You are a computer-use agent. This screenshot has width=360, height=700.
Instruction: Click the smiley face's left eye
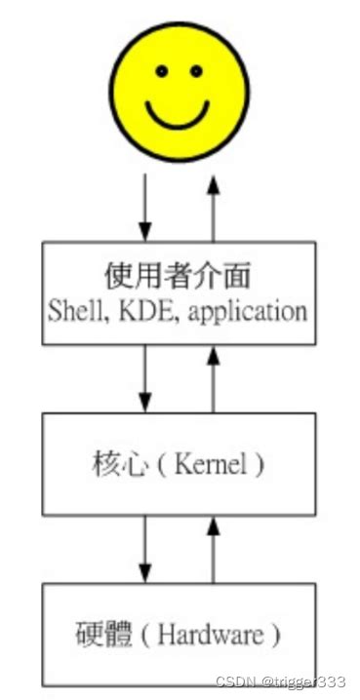coord(162,70)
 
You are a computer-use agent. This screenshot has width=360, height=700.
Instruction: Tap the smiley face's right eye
coord(196,70)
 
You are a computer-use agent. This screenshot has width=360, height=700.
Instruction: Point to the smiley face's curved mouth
coord(178,116)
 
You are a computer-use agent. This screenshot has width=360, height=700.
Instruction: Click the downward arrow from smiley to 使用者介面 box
coord(145,208)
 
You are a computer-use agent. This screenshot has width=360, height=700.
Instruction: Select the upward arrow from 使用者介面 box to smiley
coord(214,209)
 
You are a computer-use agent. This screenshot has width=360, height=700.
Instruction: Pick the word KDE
coord(144,310)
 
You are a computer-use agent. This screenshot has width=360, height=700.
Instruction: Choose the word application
coord(249,312)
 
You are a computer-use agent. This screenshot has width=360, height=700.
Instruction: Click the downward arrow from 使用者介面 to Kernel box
coord(145,378)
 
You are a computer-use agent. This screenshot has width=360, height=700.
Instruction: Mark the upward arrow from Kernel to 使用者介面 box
coord(214,379)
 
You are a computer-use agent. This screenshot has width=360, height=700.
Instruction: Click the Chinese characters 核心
coord(120,465)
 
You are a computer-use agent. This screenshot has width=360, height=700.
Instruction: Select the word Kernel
coord(211,465)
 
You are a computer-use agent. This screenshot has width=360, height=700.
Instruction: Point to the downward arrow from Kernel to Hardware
coord(145,549)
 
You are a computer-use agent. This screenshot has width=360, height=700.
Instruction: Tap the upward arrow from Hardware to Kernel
coord(214,550)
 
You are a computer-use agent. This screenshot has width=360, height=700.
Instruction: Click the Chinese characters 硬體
coord(103,635)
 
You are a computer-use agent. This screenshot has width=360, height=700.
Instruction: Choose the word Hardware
coord(211,635)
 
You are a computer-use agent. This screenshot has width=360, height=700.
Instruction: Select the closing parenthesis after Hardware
coord(275,635)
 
